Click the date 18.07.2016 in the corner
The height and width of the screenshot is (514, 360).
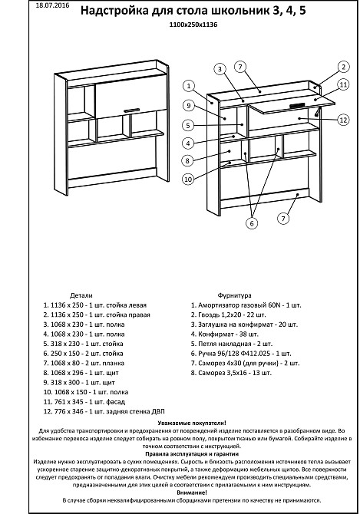coord(52,5)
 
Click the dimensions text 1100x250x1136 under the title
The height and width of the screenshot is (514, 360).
coord(193,25)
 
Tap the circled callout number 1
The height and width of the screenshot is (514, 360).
coord(189,86)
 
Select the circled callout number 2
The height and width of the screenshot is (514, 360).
coord(343,67)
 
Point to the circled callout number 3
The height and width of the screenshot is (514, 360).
coord(220,69)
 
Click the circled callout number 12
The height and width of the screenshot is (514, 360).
coord(343,120)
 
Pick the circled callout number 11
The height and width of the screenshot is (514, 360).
coord(343,85)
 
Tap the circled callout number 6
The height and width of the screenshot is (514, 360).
coord(252,223)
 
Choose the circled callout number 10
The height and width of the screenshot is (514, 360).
coord(188,179)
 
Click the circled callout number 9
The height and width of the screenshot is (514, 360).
coord(189,106)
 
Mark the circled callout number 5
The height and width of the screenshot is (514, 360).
coord(188,125)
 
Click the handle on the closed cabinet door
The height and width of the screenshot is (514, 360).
coord(132,110)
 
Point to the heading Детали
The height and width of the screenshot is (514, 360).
coord(81,295)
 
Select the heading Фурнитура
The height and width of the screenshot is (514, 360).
coord(234,295)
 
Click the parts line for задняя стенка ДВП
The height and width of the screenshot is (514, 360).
coord(104,411)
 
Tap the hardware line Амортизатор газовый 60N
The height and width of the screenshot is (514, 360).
coord(246,305)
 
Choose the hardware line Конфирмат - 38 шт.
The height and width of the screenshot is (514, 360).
coord(225,334)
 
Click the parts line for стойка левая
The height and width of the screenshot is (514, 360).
coord(95,305)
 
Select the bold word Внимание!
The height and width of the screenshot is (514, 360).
coord(192,493)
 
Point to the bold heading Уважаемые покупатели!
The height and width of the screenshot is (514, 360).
coord(192,423)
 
